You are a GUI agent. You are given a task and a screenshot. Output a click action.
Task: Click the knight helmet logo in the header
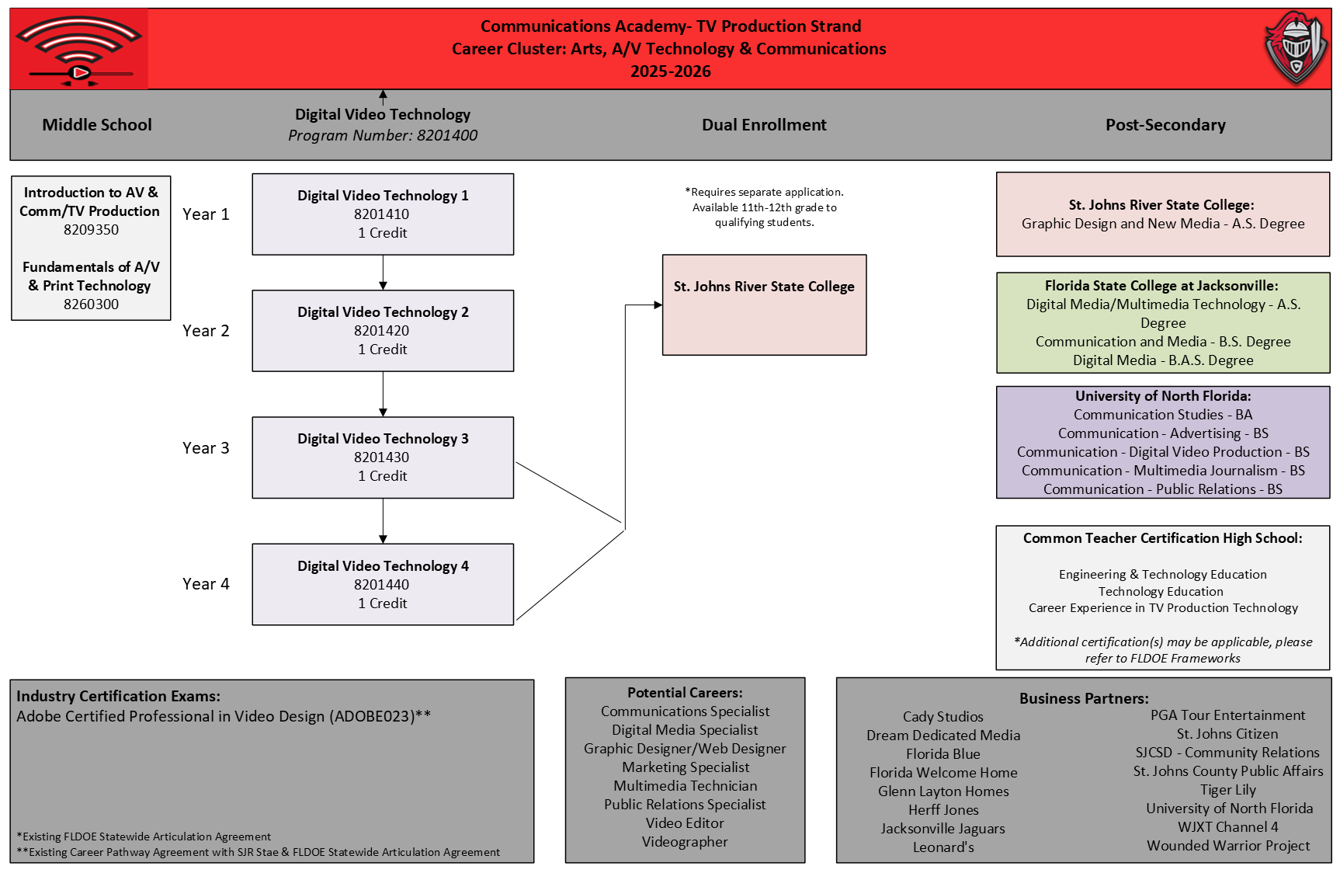(1296, 48)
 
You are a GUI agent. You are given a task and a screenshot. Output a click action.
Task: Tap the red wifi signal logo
(79, 49)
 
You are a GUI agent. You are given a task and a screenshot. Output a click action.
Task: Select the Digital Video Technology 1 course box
(383, 214)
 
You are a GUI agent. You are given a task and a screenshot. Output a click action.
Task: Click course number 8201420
(382, 331)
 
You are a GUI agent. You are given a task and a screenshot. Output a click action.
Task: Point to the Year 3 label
(206, 448)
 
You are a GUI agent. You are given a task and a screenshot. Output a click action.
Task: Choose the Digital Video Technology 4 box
(383, 584)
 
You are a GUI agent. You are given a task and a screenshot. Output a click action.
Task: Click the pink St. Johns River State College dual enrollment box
(765, 305)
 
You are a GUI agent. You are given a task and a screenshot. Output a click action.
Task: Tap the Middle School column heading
(97, 125)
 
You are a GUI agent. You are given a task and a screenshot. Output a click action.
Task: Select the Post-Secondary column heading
(1165, 125)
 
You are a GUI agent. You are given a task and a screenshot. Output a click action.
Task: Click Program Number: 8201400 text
(383, 135)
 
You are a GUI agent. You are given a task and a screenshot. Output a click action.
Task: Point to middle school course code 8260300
(92, 304)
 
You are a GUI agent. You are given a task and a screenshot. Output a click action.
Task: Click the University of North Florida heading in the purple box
(1163, 396)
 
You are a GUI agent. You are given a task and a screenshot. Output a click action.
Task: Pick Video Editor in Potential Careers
(685, 823)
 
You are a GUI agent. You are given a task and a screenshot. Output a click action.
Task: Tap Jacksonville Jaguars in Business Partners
(943, 829)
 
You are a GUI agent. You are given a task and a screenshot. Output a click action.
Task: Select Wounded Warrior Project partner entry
(1228, 846)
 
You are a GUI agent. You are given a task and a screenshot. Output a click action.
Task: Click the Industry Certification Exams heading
(119, 696)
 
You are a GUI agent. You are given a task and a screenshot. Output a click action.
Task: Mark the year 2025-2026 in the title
(671, 71)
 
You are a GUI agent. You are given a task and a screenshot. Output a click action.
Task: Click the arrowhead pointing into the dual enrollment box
(658, 305)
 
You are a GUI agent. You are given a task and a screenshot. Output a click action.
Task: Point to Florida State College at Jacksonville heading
(1161, 286)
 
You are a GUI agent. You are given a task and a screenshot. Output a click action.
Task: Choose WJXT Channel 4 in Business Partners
(1228, 827)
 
